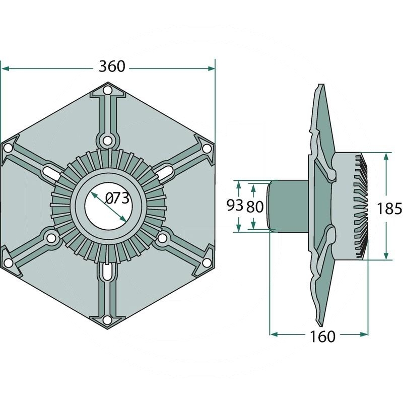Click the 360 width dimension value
pos(112,66)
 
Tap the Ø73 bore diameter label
pos(117,198)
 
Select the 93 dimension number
pos(235,206)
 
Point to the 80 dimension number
pos(255,207)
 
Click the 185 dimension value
pos(389,209)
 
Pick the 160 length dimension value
pos(322,337)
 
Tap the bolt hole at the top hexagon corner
pos(108,91)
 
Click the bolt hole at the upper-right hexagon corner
pos(207,149)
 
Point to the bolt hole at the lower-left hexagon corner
pos(9,262)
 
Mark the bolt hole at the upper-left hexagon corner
pos(9,148)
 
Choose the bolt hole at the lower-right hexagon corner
pos(207,262)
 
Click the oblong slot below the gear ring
pos(107,271)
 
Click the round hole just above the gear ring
pos(107,141)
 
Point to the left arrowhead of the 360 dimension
pos(5,69)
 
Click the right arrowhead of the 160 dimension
pos(364,334)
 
